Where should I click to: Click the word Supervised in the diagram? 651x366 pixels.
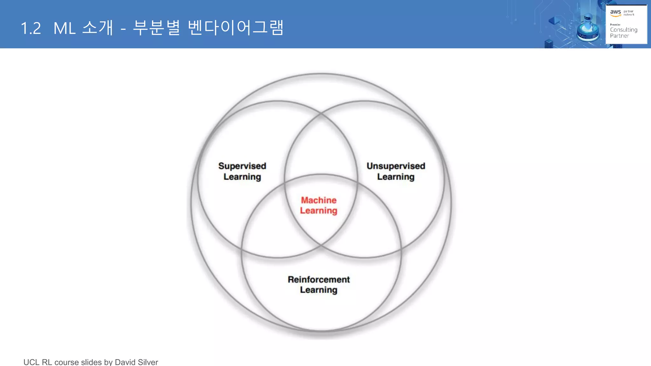click(x=242, y=166)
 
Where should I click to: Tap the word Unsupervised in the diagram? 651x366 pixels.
click(x=396, y=166)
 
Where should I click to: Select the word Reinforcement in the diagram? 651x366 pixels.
click(x=319, y=279)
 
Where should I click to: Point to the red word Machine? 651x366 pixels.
click(x=319, y=200)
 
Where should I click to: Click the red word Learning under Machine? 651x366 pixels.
click(x=319, y=211)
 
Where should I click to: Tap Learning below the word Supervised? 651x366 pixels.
click(x=242, y=177)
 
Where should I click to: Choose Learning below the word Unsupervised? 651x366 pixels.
click(x=396, y=177)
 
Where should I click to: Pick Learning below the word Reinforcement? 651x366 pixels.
click(x=319, y=290)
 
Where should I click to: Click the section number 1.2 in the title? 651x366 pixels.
click(x=31, y=28)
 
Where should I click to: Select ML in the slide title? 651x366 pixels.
click(x=65, y=28)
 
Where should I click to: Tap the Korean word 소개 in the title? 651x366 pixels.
click(x=98, y=28)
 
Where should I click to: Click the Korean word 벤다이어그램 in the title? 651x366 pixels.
click(x=236, y=28)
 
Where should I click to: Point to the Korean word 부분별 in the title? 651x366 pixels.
click(x=156, y=28)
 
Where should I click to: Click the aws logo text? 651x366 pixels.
click(x=615, y=12)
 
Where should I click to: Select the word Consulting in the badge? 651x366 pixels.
click(x=623, y=30)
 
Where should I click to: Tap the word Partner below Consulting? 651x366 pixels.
click(x=619, y=36)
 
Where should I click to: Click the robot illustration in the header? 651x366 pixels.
click(x=588, y=27)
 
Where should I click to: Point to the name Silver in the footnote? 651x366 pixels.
click(x=148, y=362)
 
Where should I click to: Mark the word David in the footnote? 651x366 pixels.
click(x=125, y=362)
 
